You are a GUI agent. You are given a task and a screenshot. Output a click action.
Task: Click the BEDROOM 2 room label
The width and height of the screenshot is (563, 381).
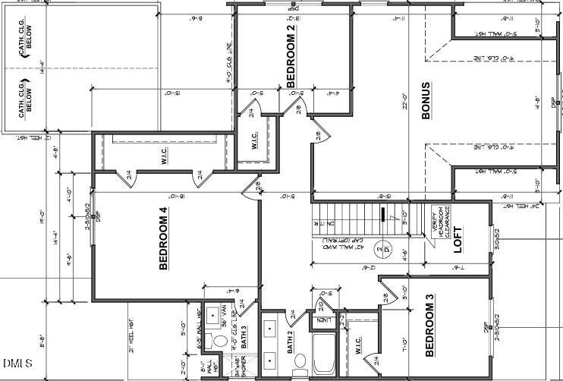pyautogui.click(x=291, y=55)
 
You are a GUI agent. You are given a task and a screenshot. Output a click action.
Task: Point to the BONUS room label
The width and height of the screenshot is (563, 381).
pyautogui.click(x=426, y=101)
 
